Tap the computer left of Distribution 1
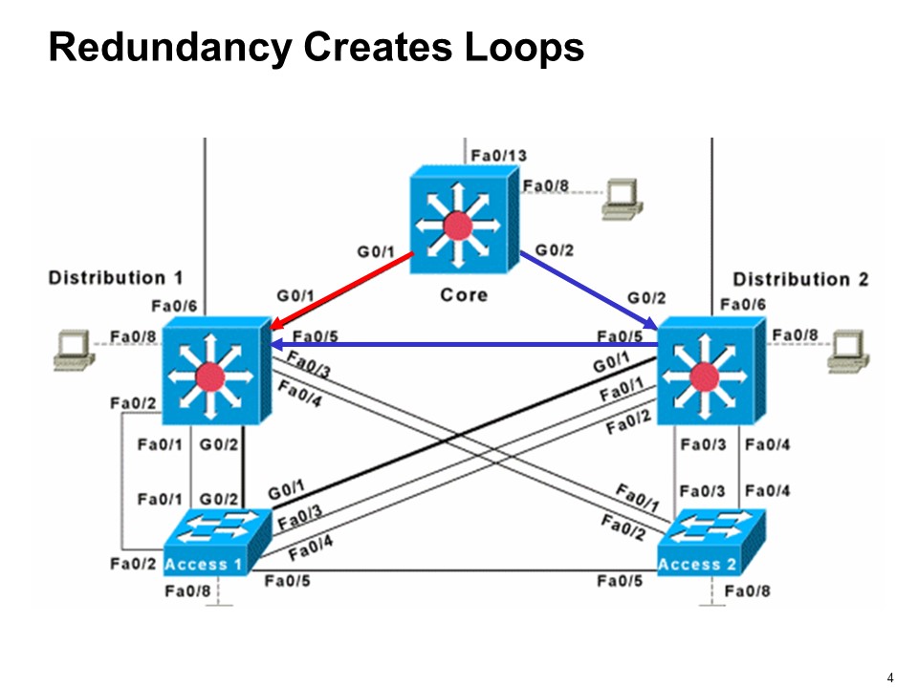(x=74, y=349)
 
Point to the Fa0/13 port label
(x=498, y=156)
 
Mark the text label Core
(x=464, y=294)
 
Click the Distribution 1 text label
(x=116, y=278)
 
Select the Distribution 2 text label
(x=800, y=280)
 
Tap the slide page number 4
(x=890, y=677)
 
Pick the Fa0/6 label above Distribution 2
(x=741, y=305)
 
